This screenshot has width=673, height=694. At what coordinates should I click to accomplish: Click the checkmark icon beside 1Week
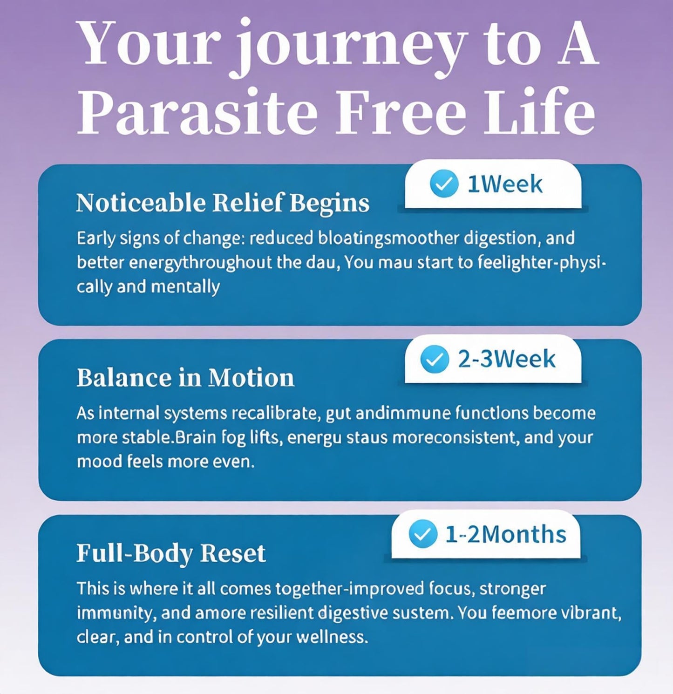[444, 184]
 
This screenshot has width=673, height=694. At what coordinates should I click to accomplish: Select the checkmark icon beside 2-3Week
[435, 360]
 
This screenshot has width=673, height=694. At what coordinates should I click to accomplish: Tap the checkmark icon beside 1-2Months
[423, 534]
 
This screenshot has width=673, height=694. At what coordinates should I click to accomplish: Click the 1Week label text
[505, 184]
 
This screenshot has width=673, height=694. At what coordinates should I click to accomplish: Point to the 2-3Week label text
[507, 359]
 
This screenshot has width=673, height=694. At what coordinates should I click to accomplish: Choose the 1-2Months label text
[506, 534]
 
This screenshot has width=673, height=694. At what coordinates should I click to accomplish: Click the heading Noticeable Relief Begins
[223, 204]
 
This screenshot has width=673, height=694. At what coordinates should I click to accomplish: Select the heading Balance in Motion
[185, 377]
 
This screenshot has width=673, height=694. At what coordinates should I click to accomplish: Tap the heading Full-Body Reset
[171, 553]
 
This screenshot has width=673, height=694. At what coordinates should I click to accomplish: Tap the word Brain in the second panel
[194, 437]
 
